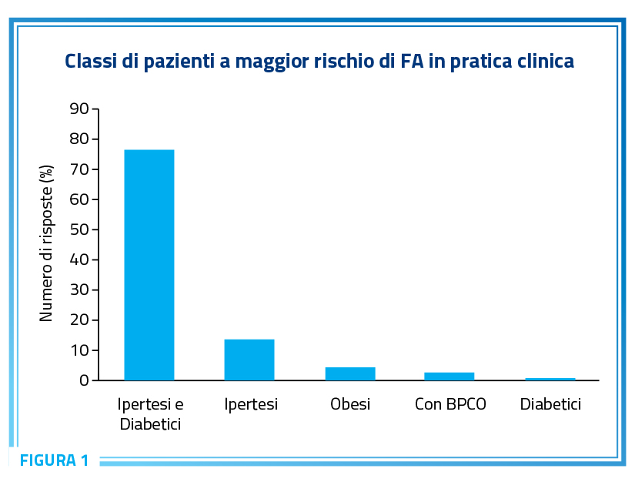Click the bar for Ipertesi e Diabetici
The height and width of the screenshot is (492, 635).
(x=149, y=265)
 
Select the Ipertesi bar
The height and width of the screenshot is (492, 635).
(x=249, y=360)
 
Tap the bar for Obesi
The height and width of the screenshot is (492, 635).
(x=350, y=373)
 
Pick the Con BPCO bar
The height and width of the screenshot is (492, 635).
(x=449, y=376)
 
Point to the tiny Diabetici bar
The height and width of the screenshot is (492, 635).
(x=550, y=379)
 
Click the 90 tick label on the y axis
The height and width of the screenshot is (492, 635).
(x=79, y=109)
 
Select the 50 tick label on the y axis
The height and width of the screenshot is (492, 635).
(x=79, y=229)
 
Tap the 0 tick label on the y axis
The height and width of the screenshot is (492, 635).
(x=84, y=380)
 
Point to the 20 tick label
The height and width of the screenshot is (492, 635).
(x=79, y=320)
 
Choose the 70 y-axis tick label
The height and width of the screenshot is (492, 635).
(x=79, y=169)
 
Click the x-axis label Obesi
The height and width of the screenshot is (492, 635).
(x=350, y=404)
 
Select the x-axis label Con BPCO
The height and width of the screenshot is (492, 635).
(x=450, y=404)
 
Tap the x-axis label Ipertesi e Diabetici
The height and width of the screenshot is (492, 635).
(x=150, y=413)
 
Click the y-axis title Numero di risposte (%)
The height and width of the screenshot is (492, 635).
(x=46, y=243)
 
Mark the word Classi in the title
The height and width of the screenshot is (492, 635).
(x=91, y=61)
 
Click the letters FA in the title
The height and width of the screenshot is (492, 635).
(x=412, y=61)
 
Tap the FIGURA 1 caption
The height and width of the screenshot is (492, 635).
(x=55, y=460)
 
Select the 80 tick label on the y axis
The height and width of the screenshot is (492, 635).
(x=79, y=139)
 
